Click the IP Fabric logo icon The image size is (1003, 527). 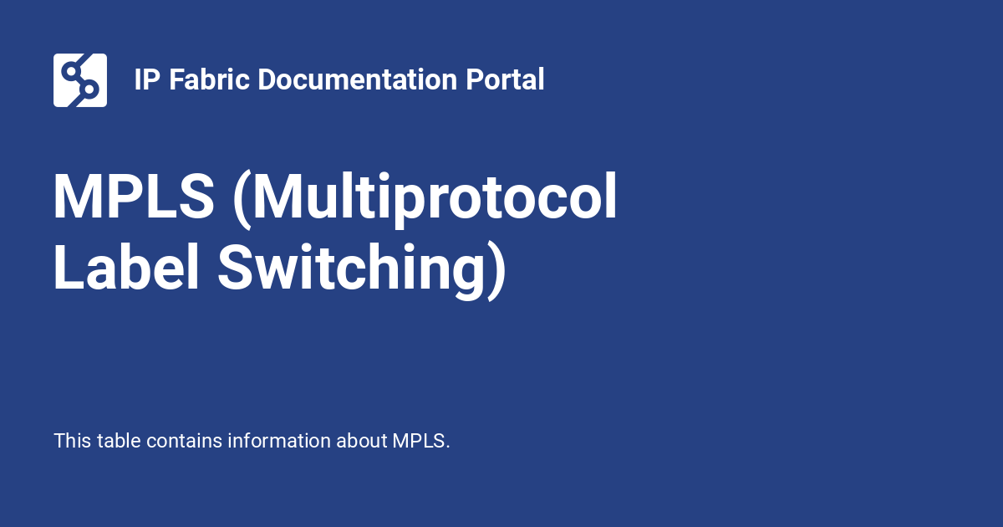pyautogui.click(x=80, y=80)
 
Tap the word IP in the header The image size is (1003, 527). pyautogui.click(x=144, y=80)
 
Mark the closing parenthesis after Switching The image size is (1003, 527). pyautogui.click(x=496, y=269)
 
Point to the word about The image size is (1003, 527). pyautogui.click(x=361, y=441)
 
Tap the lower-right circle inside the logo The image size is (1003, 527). pyautogui.click(x=91, y=89)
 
